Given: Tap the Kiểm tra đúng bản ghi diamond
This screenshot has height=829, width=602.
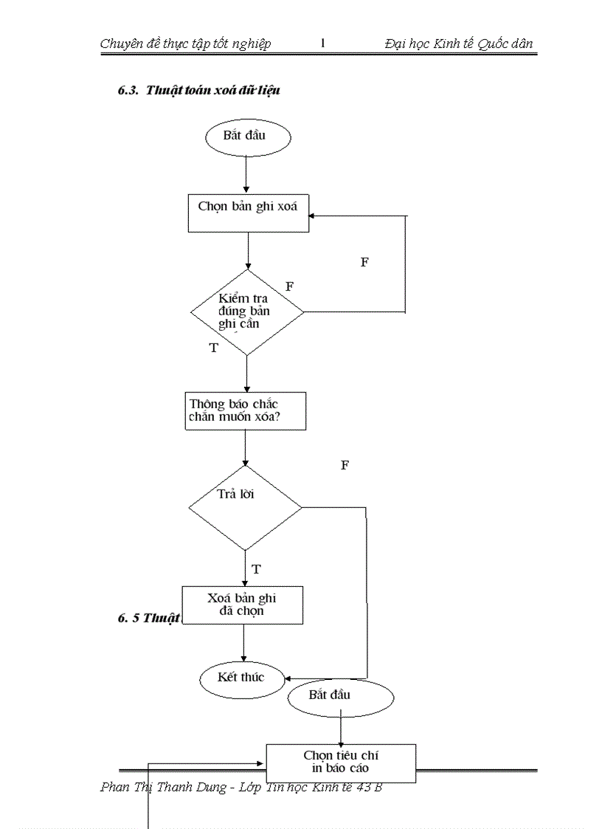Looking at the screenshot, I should click(246, 311).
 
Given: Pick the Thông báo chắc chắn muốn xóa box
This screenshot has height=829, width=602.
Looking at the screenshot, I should click(244, 411).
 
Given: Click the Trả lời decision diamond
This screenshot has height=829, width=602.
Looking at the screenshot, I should click(245, 507).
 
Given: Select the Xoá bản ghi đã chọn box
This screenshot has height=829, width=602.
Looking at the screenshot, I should click(242, 605).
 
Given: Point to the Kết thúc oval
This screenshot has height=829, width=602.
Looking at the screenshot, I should click(242, 678).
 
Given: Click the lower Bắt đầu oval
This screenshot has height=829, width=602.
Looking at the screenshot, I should click(340, 697).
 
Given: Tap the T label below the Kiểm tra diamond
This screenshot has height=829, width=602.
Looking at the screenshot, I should click(214, 348).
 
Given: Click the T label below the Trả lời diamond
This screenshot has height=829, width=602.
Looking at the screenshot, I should click(256, 570).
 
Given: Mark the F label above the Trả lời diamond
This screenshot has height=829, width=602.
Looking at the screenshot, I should click(345, 465).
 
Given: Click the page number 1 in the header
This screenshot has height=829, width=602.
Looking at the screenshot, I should click(322, 44).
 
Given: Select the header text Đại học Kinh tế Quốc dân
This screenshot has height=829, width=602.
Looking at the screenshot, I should click(458, 44).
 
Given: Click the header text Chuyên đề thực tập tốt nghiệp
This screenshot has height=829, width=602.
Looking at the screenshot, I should click(185, 44).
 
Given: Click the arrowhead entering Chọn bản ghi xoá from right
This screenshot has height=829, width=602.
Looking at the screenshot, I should click(314, 216).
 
